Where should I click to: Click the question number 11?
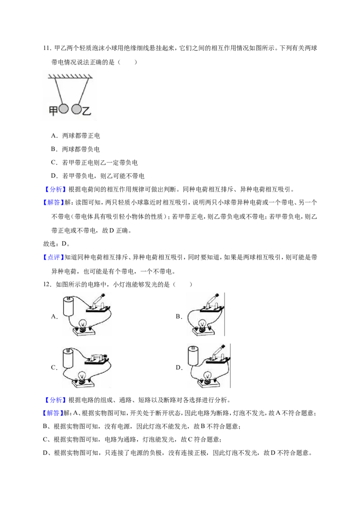click(x=47, y=49)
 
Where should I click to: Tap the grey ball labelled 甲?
click(x=64, y=109)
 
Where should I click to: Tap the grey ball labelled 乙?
click(x=76, y=109)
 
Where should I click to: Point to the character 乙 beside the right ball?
click(x=86, y=111)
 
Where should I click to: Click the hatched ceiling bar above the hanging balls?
click(x=71, y=76)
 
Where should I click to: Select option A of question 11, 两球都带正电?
click(x=76, y=136)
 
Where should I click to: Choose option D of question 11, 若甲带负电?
click(x=98, y=176)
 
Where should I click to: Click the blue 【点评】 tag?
click(x=53, y=257)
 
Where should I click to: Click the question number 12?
click(x=47, y=285)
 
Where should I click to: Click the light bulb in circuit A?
click(x=84, y=325)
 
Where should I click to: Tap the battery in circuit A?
click(x=68, y=307)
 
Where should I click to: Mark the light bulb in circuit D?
click(x=206, y=376)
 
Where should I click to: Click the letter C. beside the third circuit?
click(x=54, y=368)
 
